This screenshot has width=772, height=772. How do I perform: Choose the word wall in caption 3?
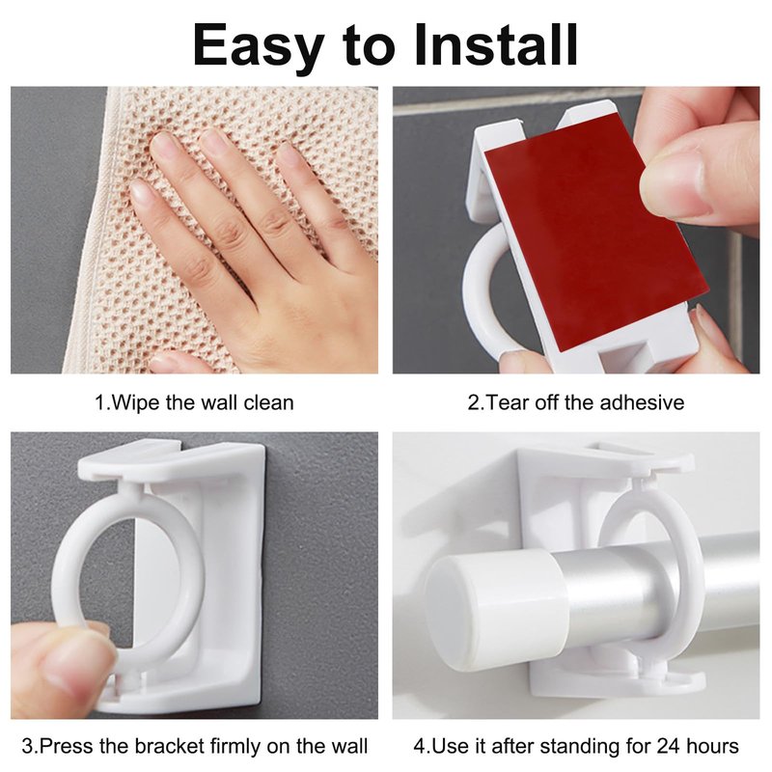point(349,745)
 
